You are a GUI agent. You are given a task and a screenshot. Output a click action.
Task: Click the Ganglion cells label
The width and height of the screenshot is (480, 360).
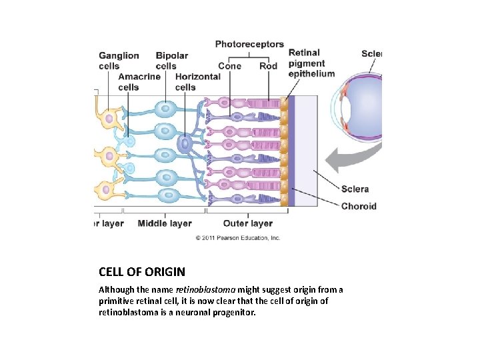pos(119,61)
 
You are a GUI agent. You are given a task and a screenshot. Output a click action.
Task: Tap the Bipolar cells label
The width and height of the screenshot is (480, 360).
pos(171,61)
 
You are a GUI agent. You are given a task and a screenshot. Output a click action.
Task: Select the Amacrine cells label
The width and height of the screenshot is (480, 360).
pos(139,81)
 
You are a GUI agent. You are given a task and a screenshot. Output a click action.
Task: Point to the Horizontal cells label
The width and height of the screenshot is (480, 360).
pos(197,81)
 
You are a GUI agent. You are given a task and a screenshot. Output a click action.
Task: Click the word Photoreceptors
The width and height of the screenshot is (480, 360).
pos(249,45)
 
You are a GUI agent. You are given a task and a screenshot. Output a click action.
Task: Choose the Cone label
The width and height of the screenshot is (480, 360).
pos(229,66)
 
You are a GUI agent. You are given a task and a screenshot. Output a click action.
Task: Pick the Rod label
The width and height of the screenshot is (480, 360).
pos(268,66)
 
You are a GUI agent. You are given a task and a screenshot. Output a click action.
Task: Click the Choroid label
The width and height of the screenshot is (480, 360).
pos(359,206)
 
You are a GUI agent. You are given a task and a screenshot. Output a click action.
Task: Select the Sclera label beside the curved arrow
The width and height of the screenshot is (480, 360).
pos(355,189)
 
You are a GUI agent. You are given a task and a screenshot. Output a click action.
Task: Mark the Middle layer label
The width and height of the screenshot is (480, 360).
pos(165,223)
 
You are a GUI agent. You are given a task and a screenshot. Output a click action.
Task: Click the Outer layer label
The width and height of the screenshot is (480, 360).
pos(247,223)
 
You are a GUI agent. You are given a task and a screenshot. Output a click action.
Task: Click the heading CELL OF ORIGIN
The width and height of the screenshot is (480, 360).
pos(142,272)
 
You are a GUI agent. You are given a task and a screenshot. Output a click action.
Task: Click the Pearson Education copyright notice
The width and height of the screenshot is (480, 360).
pos(238,238)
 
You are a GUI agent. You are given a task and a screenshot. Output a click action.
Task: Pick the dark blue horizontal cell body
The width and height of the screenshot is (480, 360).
pos(185,143)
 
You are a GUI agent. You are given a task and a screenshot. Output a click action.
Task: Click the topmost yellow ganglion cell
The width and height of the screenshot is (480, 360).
pos(109,119)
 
